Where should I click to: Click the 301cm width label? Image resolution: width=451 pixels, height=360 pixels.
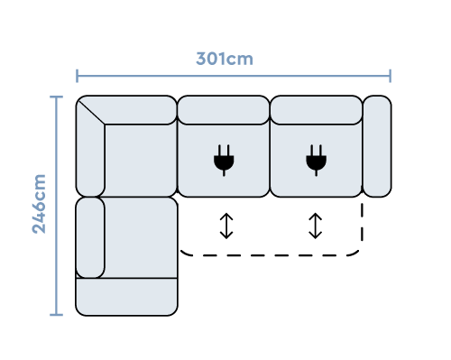225,59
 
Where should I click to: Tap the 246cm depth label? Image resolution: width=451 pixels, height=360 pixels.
39,204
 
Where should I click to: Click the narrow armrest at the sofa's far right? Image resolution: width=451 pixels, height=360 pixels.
376,146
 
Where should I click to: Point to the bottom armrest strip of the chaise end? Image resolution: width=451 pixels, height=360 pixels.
126,297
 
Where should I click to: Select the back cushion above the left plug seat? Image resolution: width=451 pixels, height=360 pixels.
223,110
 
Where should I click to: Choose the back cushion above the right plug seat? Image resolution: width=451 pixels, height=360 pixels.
316,110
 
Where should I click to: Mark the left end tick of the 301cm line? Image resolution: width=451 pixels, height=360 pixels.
78,76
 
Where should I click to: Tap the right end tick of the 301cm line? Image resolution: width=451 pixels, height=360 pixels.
390,76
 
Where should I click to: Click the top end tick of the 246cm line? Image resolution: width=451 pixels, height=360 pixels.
56,97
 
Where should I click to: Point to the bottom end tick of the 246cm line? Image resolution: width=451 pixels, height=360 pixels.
56,315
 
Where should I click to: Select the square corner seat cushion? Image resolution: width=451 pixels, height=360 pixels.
140,160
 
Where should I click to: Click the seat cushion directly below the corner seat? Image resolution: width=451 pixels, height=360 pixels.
140,237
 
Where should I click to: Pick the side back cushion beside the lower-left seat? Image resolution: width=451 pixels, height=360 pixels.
90,237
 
